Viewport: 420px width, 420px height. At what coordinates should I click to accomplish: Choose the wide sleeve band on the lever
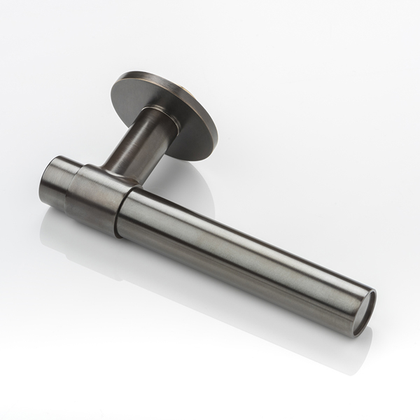click(101, 199)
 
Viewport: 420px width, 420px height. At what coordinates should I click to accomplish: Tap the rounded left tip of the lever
click(41, 178)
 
